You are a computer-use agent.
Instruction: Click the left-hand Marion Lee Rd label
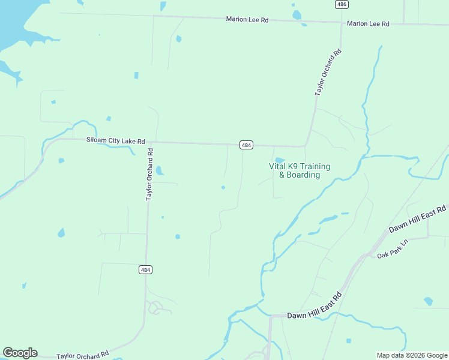coord(247,19)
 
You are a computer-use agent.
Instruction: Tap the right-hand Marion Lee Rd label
coord(368,24)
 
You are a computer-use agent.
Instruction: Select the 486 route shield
coord(342,4)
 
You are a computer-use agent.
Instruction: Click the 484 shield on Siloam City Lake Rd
coord(246,145)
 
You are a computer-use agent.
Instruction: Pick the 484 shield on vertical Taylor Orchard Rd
coord(145,270)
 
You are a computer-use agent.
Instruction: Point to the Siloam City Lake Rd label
coord(116,141)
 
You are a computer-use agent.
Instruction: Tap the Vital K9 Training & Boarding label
coord(299,170)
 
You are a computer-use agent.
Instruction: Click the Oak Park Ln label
coord(392,249)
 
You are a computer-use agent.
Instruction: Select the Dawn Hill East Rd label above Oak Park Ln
coord(417,220)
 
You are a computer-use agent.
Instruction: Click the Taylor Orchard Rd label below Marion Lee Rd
coord(328,73)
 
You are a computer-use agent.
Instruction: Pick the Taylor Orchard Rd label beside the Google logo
coord(82,355)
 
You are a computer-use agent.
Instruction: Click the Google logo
coord(20,353)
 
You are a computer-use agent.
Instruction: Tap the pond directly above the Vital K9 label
coord(279,160)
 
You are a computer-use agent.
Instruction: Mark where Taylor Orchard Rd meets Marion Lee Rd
coord(342,23)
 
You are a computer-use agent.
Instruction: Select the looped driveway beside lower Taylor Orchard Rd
coord(154,307)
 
